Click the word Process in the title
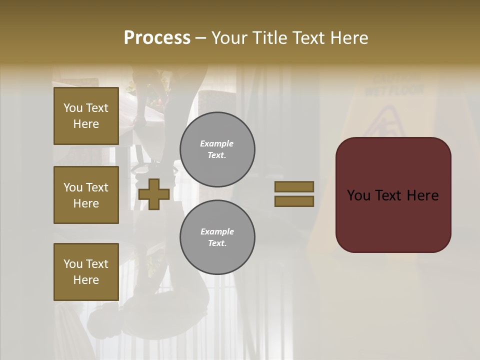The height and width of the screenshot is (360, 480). [157, 38]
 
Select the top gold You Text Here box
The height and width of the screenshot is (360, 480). [86, 116]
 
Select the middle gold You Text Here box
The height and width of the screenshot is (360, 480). [86, 195]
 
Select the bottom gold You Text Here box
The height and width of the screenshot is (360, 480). [86, 272]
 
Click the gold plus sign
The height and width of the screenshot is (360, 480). [154, 194]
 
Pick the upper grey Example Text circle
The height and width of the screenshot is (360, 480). [217, 149]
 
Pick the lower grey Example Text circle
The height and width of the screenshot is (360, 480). [217, 237]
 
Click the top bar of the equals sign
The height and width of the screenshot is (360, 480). [294, 186]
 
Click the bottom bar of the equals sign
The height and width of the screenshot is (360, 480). [294, 201]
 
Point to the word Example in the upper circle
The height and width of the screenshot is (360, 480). [217, 143]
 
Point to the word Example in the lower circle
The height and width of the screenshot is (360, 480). [217, 231]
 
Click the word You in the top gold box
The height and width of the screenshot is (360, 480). [72, 108]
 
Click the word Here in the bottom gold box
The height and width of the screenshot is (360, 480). [86, 280]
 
